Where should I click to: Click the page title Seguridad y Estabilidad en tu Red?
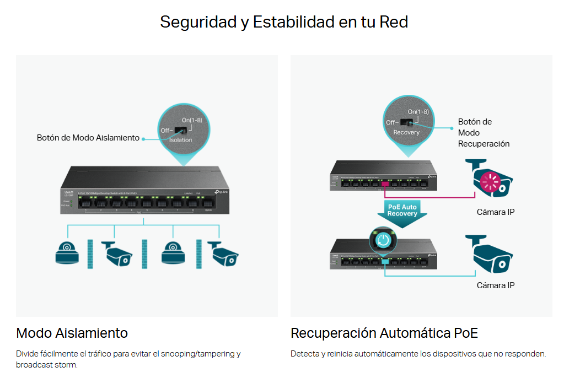[283, 22]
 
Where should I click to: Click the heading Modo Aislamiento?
[72, 333]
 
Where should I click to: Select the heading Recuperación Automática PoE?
[384, 333]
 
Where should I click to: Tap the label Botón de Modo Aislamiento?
[88, 138]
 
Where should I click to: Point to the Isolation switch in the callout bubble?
[180, 131]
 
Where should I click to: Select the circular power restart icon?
[384, 239]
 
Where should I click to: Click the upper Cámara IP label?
[495, 212]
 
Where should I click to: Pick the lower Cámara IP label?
[495, 285]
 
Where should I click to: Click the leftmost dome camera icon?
[67, 252]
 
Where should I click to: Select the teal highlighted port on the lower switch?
[384, 260]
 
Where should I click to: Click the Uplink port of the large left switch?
[207, 203]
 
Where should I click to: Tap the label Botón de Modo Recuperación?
[484, 133]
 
